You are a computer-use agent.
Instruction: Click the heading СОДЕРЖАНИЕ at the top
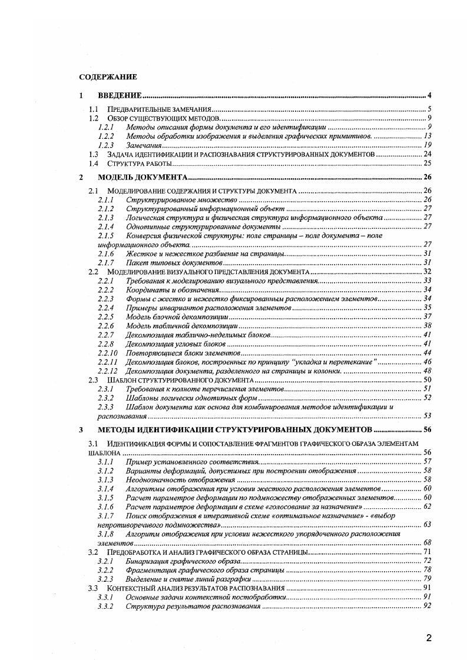(x=108, y=76)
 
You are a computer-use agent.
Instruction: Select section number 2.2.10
(x=107, y=353)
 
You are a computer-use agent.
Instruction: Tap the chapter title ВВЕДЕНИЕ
(x=120, y=95)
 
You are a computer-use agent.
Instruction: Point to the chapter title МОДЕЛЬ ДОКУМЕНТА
(x=143, y=177)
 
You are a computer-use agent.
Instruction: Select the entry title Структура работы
(x=140, y=163)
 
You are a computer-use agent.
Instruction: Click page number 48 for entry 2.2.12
(x=428, y=371)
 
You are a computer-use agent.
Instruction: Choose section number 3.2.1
(x=105, y=562)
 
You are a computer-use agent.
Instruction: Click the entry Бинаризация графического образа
(x=175, y=562)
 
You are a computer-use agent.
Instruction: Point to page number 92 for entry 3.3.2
(x=428, y=606)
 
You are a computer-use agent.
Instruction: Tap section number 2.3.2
(x=105, y=398)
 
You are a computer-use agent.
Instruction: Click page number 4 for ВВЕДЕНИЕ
(x=430, y=95)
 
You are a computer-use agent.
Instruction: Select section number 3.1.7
(x=105, y=516)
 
